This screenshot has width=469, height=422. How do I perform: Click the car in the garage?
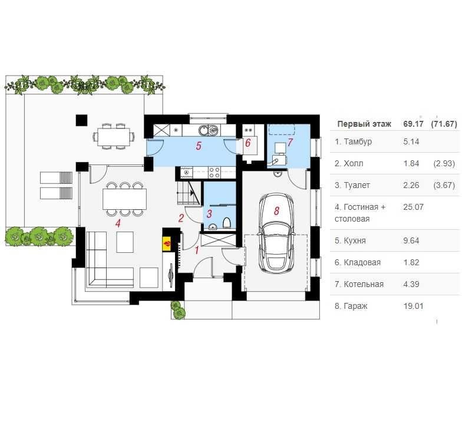(x=276, y=233)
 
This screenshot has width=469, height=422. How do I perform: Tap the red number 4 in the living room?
(x=118, y=223)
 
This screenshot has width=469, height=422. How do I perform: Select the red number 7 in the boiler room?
(x=289, y=143)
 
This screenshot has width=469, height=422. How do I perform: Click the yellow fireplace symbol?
(x=167, y=243)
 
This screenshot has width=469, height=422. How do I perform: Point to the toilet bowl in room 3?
(x=227, y=223)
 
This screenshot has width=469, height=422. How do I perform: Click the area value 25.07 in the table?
(x=413, y=207)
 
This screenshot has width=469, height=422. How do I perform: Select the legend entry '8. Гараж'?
(x=351, y=306)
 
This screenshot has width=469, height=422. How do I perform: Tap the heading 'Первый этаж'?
(x=364, y=124)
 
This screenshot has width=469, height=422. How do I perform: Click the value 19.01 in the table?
(x=413, y=306)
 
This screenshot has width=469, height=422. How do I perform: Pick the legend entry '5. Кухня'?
(x=350, y=240)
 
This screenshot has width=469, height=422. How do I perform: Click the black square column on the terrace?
(x=81, y=120)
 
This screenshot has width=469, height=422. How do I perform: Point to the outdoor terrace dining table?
(x=113, y=137)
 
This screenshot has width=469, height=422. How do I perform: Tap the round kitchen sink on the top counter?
(x=203, y=130)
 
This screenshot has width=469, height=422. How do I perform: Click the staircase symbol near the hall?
(x=189, y=193)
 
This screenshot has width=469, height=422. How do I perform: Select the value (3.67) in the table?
(x=444, y=185)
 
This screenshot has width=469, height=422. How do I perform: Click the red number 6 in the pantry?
(x=247, y=143)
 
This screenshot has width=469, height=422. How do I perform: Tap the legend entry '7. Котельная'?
(x=359, y=284)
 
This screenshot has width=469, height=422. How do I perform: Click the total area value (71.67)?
(x=444, y=124)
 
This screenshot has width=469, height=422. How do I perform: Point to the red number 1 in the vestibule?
(x=197, y=250)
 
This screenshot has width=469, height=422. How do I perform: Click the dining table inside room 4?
(x=124, y=199)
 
